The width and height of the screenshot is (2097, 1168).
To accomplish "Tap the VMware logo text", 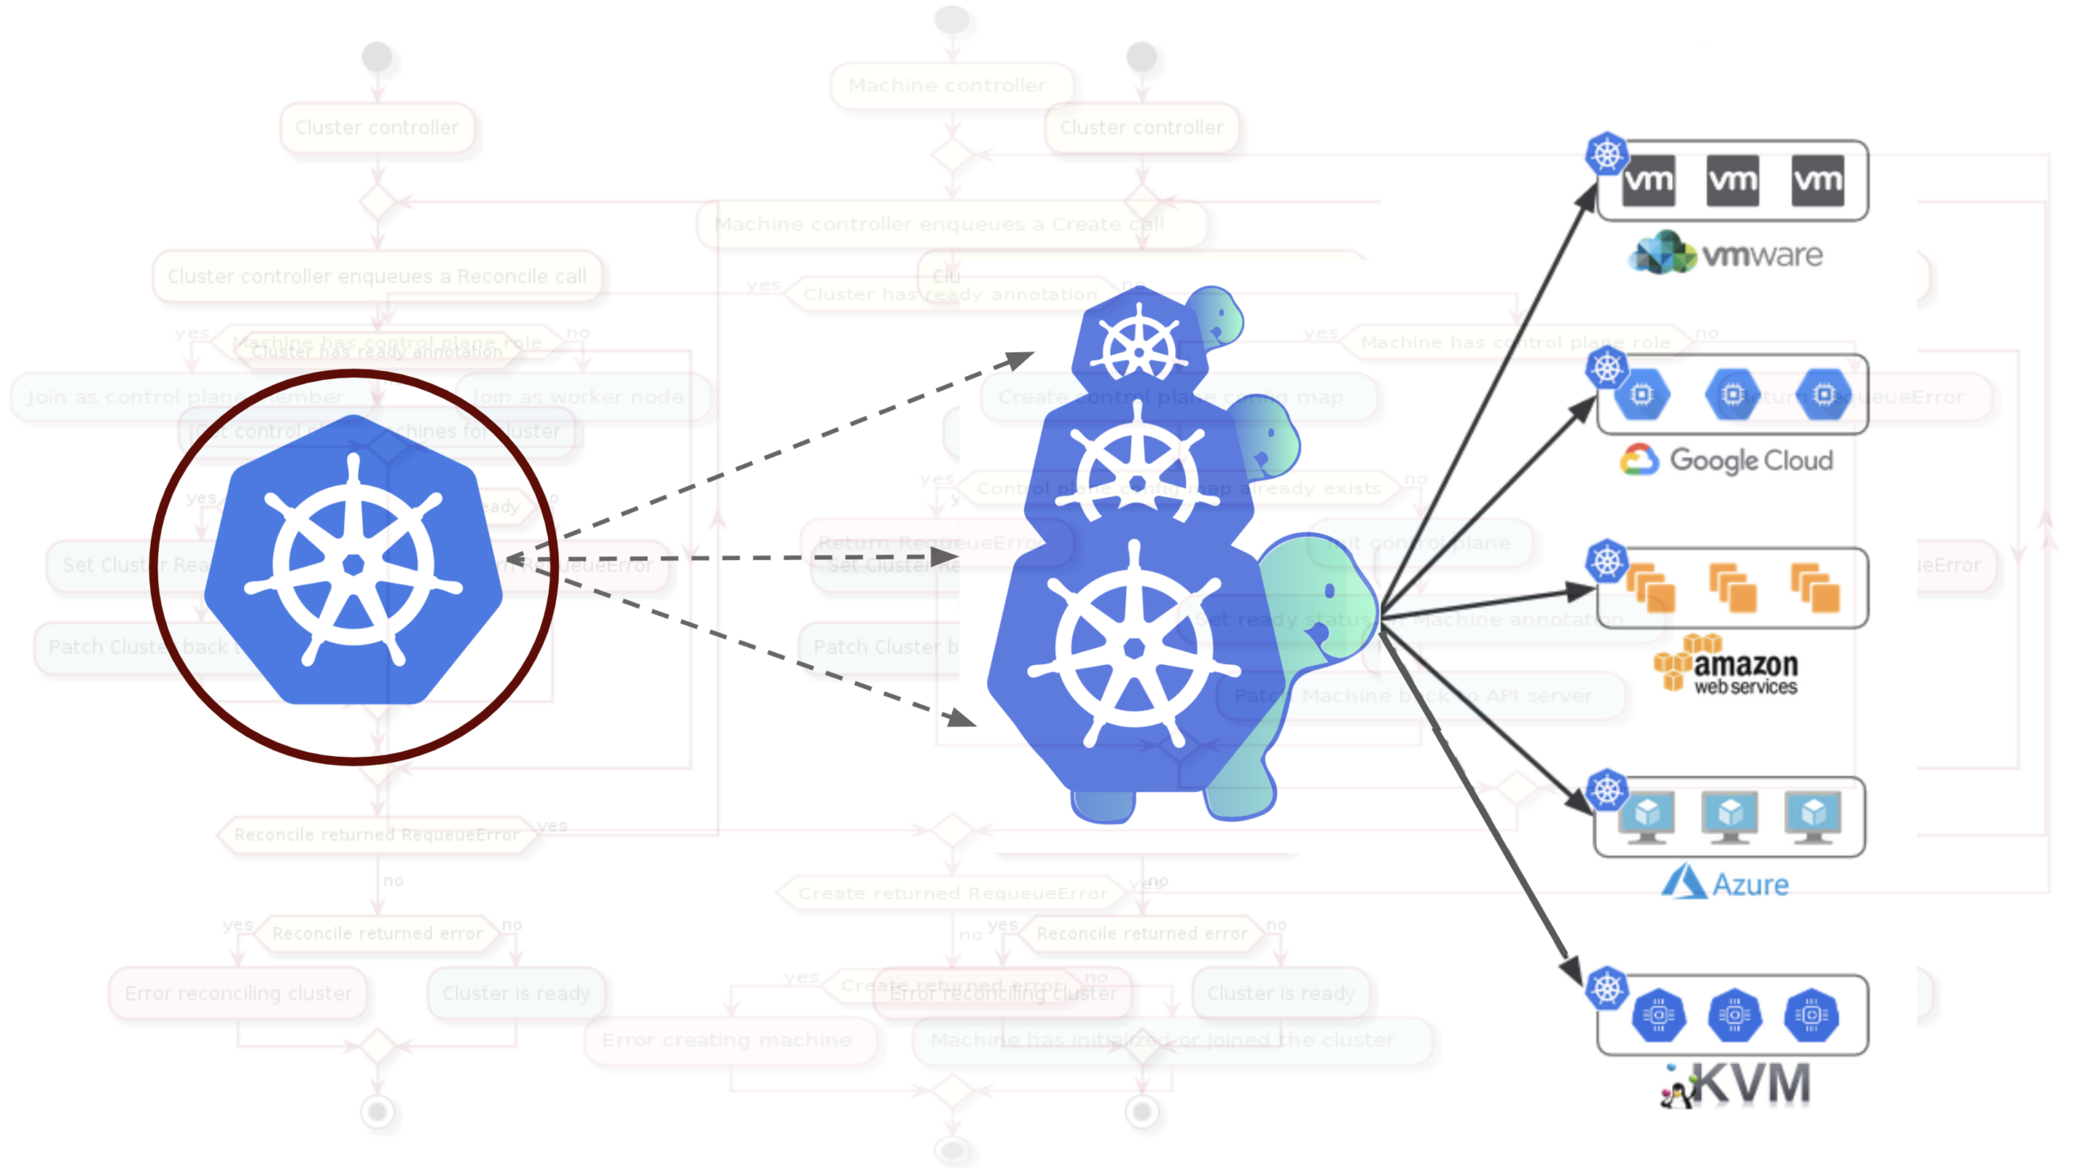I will (1727, 254).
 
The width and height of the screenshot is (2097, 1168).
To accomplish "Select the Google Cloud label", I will (1727, 460).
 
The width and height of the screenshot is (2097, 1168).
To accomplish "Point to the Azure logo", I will (1725, 883).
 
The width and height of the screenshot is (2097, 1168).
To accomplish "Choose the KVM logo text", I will (1737, 1084).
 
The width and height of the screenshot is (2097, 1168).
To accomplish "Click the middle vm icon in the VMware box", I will (1732, 180).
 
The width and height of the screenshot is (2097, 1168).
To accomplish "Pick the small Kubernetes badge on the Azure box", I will (1606, 790).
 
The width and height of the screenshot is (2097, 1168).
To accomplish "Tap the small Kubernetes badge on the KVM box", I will (1606, 988).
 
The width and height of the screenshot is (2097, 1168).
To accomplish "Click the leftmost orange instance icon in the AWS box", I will (1650, 588).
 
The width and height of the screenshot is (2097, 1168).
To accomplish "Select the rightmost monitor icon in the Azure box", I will (1813, 817).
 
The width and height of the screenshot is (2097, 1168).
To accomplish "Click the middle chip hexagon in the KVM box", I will (1734, 1016).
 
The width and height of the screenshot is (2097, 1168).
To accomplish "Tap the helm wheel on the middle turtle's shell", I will (1136, 475).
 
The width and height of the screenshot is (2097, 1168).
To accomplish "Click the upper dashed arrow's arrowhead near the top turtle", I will (1021, 359).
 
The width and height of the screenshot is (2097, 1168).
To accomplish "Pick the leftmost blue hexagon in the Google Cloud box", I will (1642, 395).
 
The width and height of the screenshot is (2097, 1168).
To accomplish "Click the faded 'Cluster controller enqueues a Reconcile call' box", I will (377, 276).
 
